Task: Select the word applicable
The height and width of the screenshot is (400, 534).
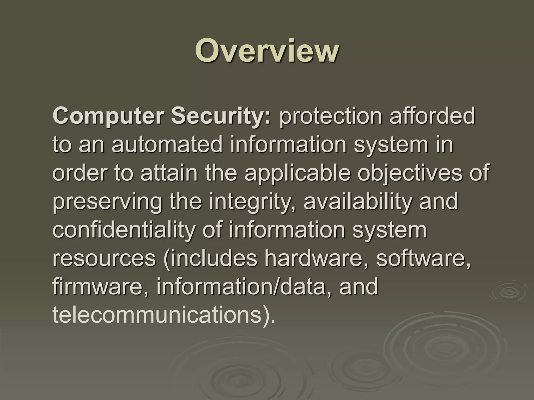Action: pyautogui.click(x=297, y=173)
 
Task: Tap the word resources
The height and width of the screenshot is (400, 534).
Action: pyautogui.click(x=104, y=259)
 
